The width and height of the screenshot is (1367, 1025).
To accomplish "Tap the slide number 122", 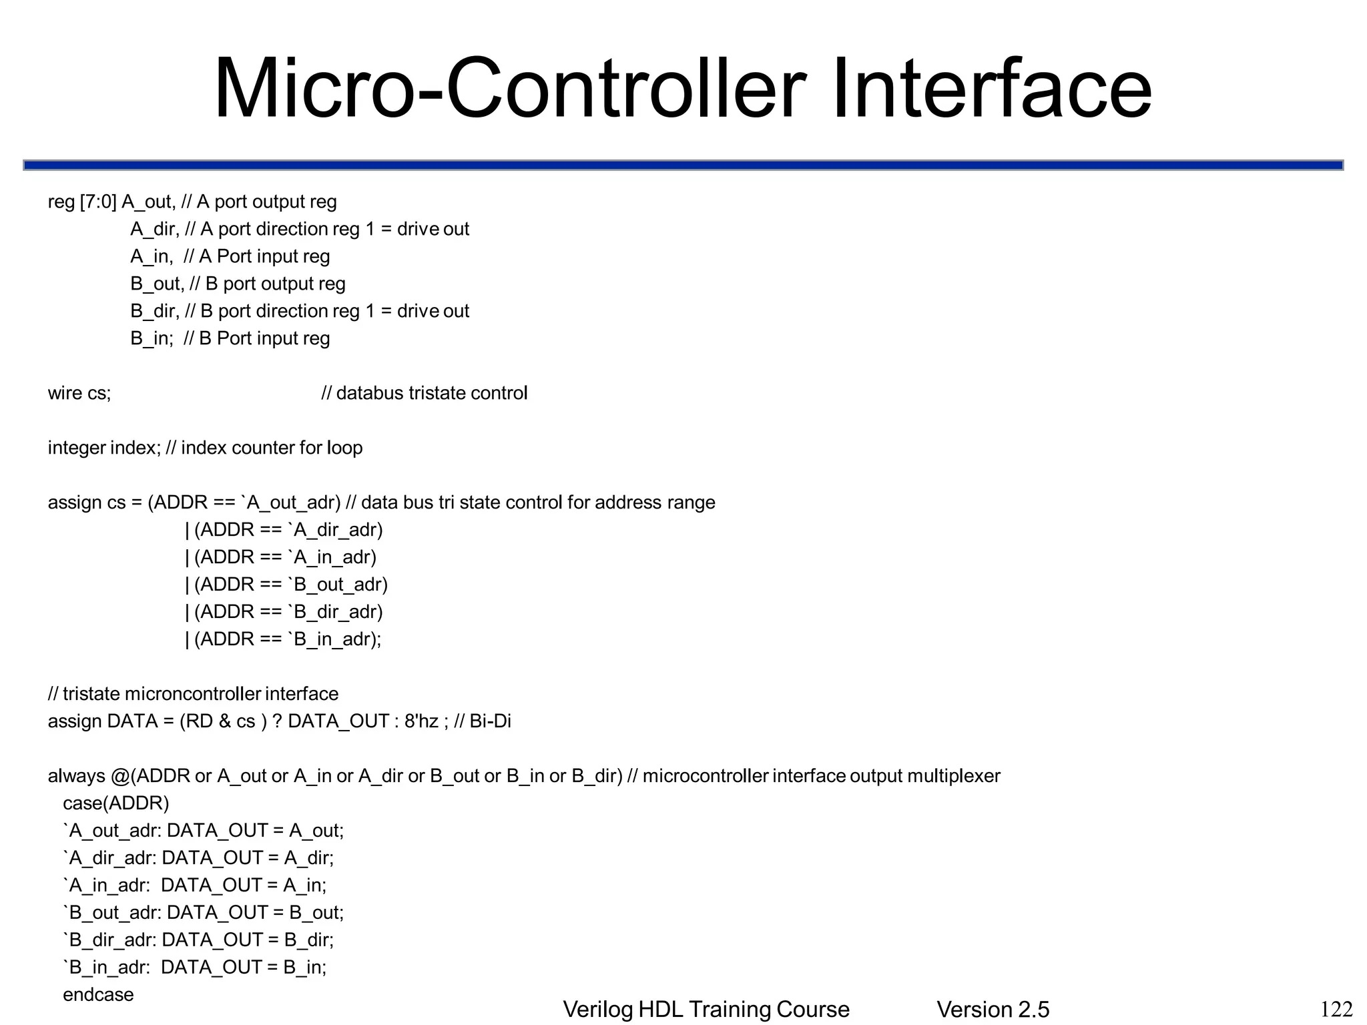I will point(1336,1009).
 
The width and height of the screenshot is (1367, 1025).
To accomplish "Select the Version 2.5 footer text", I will point(993,1010).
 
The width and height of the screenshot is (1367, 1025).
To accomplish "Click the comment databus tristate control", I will point(425,393).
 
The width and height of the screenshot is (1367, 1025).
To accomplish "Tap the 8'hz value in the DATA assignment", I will point(421,721).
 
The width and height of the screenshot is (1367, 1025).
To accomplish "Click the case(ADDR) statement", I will point(116,803).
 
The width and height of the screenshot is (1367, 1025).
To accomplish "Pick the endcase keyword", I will point(98,994).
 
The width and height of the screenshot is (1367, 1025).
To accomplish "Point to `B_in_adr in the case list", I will point(107,967).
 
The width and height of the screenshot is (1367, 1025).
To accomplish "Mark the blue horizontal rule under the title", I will point(683,165).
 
